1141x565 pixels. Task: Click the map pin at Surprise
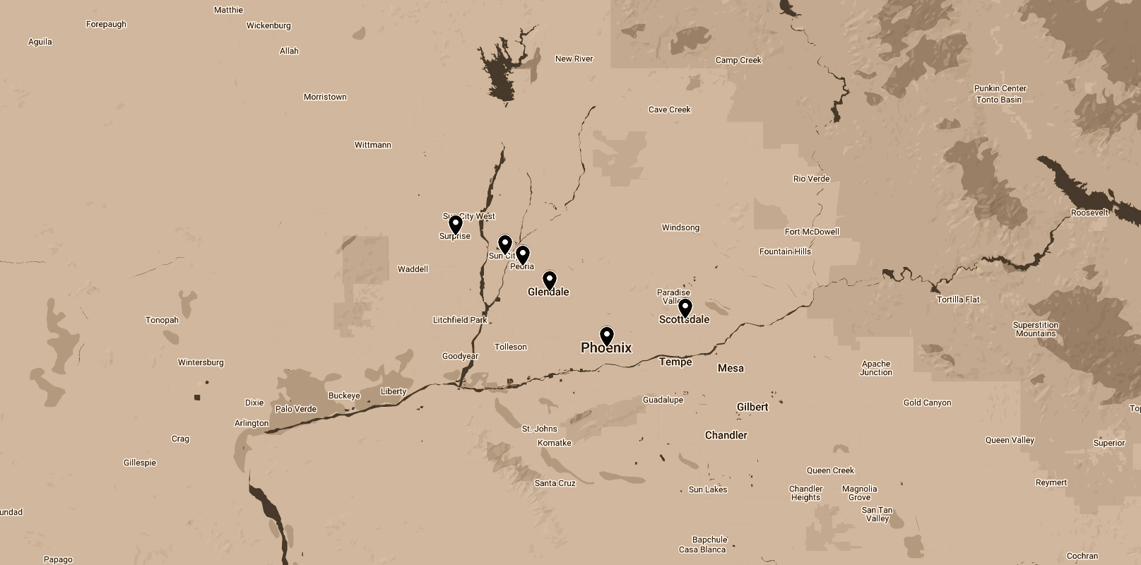[x=456, y=225]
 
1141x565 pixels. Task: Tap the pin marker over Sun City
[x=504, y=244]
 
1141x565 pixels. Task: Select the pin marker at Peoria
[x=523, y=254]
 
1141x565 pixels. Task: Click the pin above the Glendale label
[x=550, y=280]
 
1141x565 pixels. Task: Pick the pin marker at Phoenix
[x=607, y=335]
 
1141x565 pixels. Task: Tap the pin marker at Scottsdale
[x=685, y=307]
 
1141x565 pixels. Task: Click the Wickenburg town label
[x=268, y=25]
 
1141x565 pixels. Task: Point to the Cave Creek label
[x=670, y=109]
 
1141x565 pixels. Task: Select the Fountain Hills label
[x=785, y=251]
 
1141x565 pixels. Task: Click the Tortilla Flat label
[x=958, y=299]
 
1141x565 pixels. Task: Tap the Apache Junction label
[x=876, y=368]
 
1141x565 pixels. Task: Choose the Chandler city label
[x=726, y=435]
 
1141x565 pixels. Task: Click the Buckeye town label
[x=344, y=395]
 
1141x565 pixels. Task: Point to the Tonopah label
[x=162, y=320]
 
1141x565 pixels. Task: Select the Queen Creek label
[x=830, y=470]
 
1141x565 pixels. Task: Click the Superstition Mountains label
[x=1036, y=329]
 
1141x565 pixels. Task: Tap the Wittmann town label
[x=372, y=145]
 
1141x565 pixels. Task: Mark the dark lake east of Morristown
[x=503, y=71]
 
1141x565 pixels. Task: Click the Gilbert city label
[x=752, y=407]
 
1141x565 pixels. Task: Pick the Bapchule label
[x=709, y=540]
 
